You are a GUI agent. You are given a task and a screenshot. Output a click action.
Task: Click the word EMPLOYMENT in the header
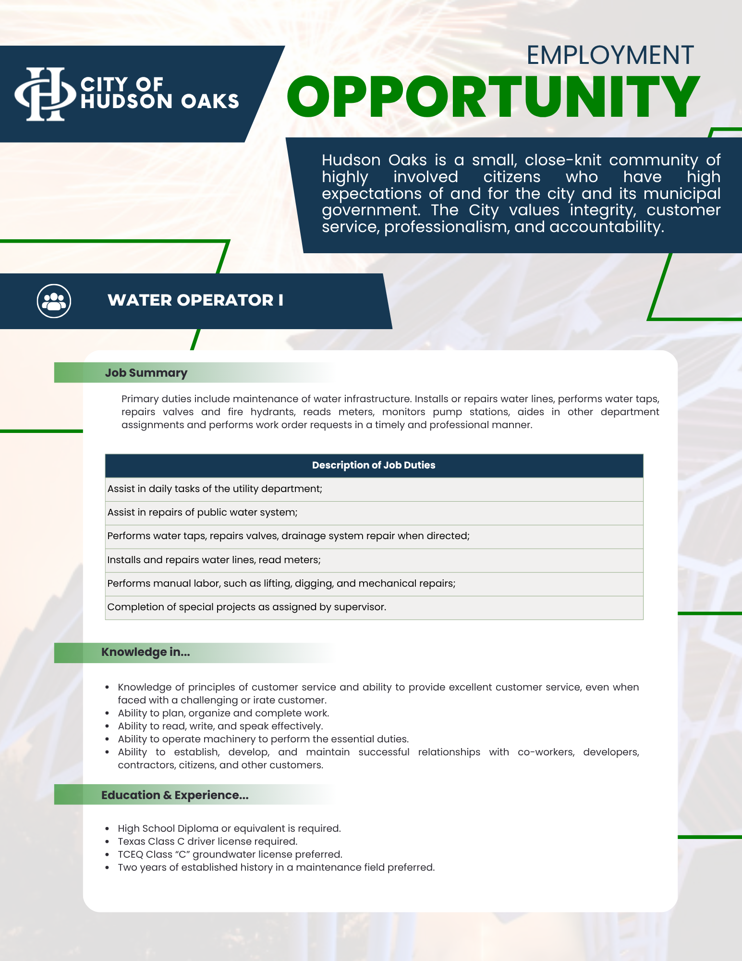coord(610,55)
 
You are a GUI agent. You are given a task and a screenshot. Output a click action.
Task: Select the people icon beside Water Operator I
coord(54,301)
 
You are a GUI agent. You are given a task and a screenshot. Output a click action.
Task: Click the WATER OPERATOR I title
coord(195,300)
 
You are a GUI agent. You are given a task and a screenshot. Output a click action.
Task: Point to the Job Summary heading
coord(146,373)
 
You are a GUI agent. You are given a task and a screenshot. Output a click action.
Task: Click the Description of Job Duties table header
coord(374,465)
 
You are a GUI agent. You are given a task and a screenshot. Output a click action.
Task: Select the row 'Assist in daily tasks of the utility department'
coord(215,489)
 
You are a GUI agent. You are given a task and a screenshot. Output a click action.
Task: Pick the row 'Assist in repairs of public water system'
coord(202,512)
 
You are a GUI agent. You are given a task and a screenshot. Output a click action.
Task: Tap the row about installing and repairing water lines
coord(214,560)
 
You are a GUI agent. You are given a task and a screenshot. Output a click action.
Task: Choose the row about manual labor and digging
coord(281,583)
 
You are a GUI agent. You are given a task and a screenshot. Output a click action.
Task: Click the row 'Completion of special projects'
coord(246,607)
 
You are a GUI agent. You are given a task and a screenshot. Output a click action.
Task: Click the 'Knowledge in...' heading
coord(146,652)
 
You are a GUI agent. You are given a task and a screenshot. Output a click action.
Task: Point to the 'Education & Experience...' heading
coord(175,795)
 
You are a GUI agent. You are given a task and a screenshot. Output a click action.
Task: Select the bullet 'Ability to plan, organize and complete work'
coord(223,713)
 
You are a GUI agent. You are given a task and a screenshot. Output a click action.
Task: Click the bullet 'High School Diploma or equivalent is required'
coord(229,828)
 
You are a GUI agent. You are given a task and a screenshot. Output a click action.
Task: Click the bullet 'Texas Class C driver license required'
coord(207,841)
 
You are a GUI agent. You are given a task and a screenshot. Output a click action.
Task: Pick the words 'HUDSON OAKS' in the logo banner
coord(160,101)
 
